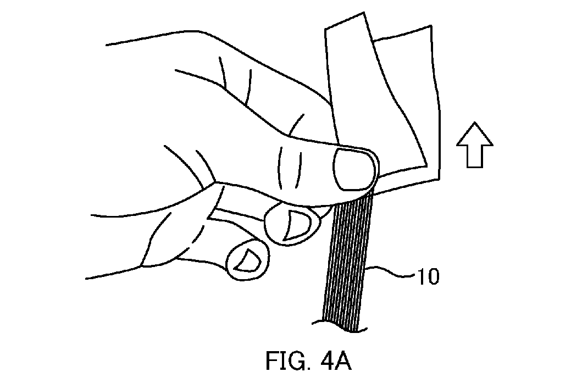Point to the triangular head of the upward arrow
click(x=475, y=134)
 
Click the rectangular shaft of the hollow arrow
click(x=475, y=156)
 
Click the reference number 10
click(x=428, y=277)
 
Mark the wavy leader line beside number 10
click(x=391, y=273)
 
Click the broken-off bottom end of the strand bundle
click(x=341, y=326)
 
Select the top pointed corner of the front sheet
click(x=363, y=13)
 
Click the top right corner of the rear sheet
click(x=431, y=26)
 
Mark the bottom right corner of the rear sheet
click(x=440, y=179)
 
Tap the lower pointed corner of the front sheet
click(x=426, y=166)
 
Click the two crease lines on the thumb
click(x=290, y=169)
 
